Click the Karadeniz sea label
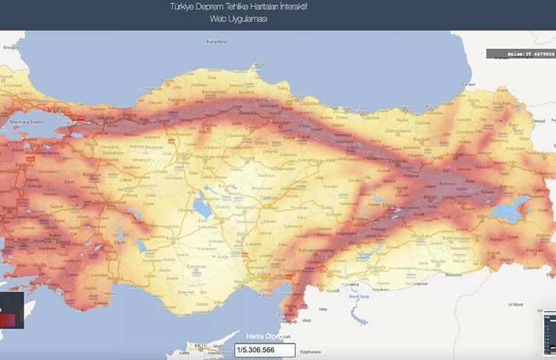click(x=216, y=42)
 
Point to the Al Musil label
click(x=515, y=304)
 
